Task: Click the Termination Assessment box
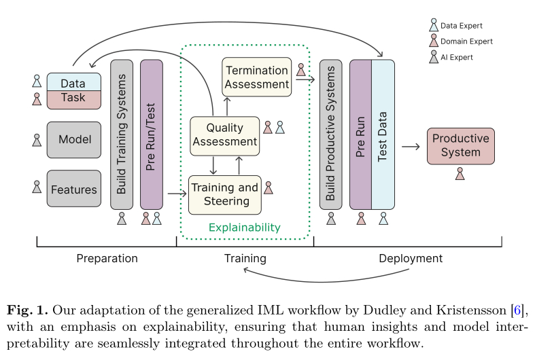tap(257, 77)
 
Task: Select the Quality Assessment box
tap(224, 135)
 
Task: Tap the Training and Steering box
tap(224, 194)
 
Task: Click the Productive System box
tap(460, 145)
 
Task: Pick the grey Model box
tap(74, 140)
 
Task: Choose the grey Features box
tap(74, 190)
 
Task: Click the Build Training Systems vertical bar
tap(122, 134)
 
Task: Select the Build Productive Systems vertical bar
tap(330, 134)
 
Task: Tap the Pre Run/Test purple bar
tap(151, 134)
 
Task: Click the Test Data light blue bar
tap(383, 134)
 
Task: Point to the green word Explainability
tap(244, 228)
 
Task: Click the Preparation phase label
tap(107, 258)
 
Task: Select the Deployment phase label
tap(411, 258)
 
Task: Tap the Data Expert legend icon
tap(434, 26)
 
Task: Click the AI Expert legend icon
tap(434, 58)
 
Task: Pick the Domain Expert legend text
tap(466, 41)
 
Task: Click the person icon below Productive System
tap(460, 175)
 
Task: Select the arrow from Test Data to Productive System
tap(410, 146)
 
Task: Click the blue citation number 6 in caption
tap(517, 311)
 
